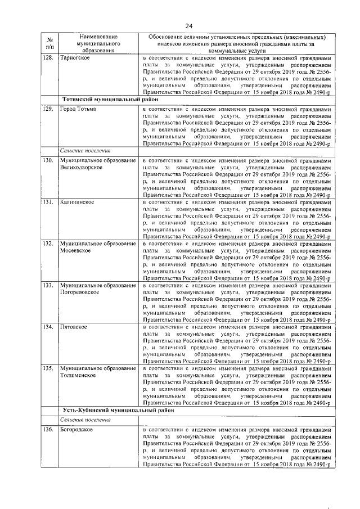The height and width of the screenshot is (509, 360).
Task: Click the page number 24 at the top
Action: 189,26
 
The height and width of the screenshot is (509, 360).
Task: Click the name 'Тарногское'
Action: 76,58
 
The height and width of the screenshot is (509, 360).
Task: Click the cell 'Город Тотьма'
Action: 78,108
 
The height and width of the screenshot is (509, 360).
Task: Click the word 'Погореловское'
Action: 80,292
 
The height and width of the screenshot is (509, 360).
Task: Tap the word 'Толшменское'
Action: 78,375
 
